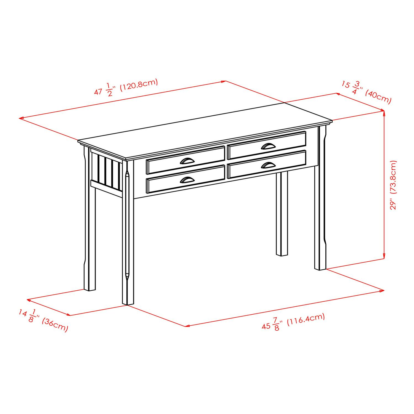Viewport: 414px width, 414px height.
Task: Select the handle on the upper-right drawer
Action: [x=267, y=146]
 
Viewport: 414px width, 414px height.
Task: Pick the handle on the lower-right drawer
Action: [x=267, y=165]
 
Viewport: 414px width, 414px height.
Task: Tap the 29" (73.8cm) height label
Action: [x=393, y=185]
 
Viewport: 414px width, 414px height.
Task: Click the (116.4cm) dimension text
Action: [x=306, y=320]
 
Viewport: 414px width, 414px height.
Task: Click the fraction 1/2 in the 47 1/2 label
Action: [x=110, y=90]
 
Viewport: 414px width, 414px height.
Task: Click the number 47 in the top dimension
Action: [x=98, y=91]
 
